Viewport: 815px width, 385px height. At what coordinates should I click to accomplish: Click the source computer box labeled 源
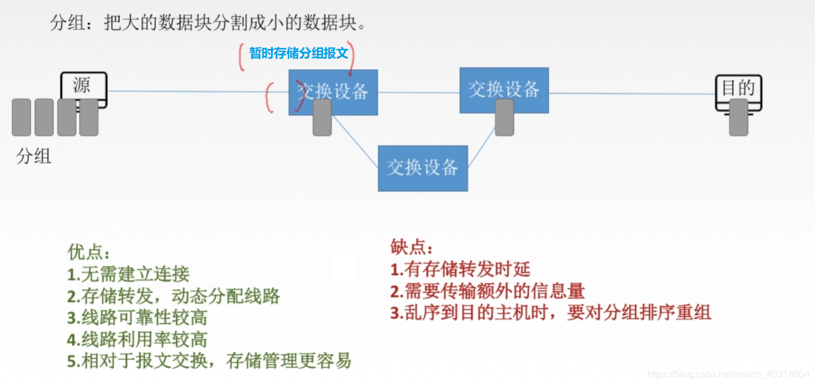pos(84,86)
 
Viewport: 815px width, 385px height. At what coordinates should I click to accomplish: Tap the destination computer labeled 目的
pos(738,90)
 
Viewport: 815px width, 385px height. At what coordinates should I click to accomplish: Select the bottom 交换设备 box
pos(422,168)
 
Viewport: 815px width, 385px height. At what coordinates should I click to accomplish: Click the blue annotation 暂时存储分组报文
pos(298,53)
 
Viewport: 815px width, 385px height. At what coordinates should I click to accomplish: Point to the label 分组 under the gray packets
pos(34,156)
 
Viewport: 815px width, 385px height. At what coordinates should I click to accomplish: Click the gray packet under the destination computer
pos(738,118)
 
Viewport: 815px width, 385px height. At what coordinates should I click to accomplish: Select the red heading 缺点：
pos(412,247)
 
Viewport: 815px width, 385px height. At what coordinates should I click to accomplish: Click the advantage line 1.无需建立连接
pos(128,274)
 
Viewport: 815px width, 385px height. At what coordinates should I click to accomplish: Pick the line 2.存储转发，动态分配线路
pos(173,296)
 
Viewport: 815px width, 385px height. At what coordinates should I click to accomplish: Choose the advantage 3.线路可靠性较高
pos(137,318)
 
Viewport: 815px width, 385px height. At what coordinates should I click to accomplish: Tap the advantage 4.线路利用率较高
pos(137,340)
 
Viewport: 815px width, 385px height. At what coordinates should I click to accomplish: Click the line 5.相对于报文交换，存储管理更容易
pos(209,361)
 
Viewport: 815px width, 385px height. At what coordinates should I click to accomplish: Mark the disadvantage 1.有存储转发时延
pos(460,269)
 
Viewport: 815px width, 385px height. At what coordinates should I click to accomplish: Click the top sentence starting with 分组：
pos(208,24)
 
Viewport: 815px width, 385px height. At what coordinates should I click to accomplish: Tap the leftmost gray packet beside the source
pos(21,118)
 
